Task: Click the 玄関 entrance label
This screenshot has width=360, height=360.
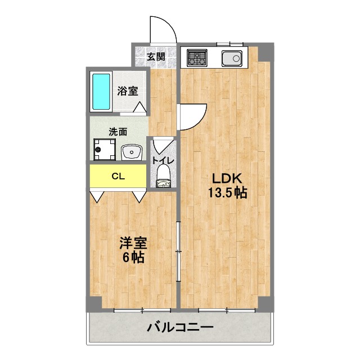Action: (156, 56)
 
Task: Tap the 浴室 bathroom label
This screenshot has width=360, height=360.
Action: (128, 91)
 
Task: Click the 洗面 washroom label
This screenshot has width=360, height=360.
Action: (118, 133)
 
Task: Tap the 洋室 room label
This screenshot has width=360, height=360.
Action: (133, 244)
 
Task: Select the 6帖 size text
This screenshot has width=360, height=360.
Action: (133, 258)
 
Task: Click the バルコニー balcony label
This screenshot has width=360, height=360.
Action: (180, 327)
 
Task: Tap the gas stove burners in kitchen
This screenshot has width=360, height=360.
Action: (196, 57)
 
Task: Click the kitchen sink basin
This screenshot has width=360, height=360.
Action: (231, 57)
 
